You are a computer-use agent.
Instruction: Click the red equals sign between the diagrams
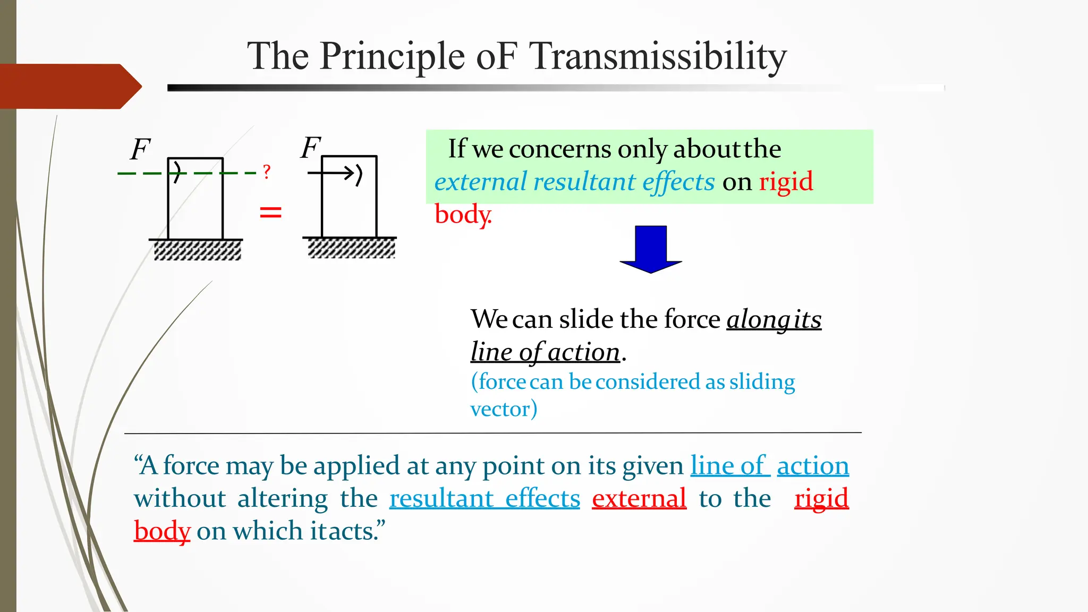pos(270,213)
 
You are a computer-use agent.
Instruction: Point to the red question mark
pos(267,172)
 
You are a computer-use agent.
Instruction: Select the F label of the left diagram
pos(141,149)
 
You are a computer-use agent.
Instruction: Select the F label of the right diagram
pos(311,147)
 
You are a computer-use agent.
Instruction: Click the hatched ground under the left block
pos(197,250)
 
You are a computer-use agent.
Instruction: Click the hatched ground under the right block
pos(351,248)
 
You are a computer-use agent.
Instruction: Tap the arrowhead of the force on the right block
pos(350,173)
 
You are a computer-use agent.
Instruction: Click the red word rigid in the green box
pos(786,182)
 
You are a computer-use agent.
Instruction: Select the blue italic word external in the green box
pos(480,182)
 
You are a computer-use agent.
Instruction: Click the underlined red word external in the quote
pos(639,498)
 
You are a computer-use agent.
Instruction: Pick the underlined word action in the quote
pos(813,466)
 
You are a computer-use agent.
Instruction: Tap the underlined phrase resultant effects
pos(484,498)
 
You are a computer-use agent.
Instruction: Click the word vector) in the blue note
pos(504,409)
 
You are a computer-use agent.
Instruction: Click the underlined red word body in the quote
pos(162,531)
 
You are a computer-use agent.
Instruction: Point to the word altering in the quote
pos(283,498)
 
